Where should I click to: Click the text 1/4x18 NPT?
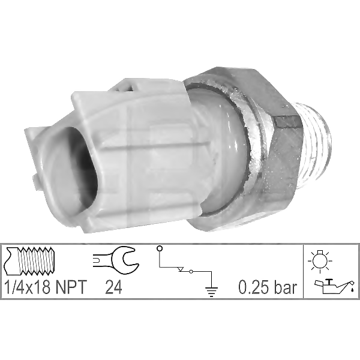(x=44, y=288)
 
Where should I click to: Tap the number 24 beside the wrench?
(x=113, y=288)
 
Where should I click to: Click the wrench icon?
(x=116, y=259)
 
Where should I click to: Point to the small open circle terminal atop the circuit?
(x=158, y=248)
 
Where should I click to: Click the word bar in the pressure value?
(x=286, y=288)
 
